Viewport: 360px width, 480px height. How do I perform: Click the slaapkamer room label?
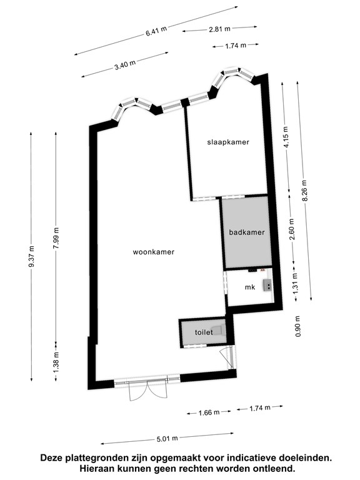pyautogui.click(x=228, y=142)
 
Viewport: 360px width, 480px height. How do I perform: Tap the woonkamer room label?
pyautogui.click(x=153, y=252)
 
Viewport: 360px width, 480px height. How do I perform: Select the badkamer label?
pyautogui.click(x=247, y=232)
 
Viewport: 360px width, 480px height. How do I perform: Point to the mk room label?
pyautogui.click(x=250, y=287)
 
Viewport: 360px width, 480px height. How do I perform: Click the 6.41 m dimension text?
pyautogui.click(x=156, y=31)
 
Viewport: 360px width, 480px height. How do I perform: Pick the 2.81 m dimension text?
pyautogui.click(x=219, y=29)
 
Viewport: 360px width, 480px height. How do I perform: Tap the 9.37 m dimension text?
pyautogui.click(x=31, y=257)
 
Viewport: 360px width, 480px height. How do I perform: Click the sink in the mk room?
pyautogui.click(x=267, y=286)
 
